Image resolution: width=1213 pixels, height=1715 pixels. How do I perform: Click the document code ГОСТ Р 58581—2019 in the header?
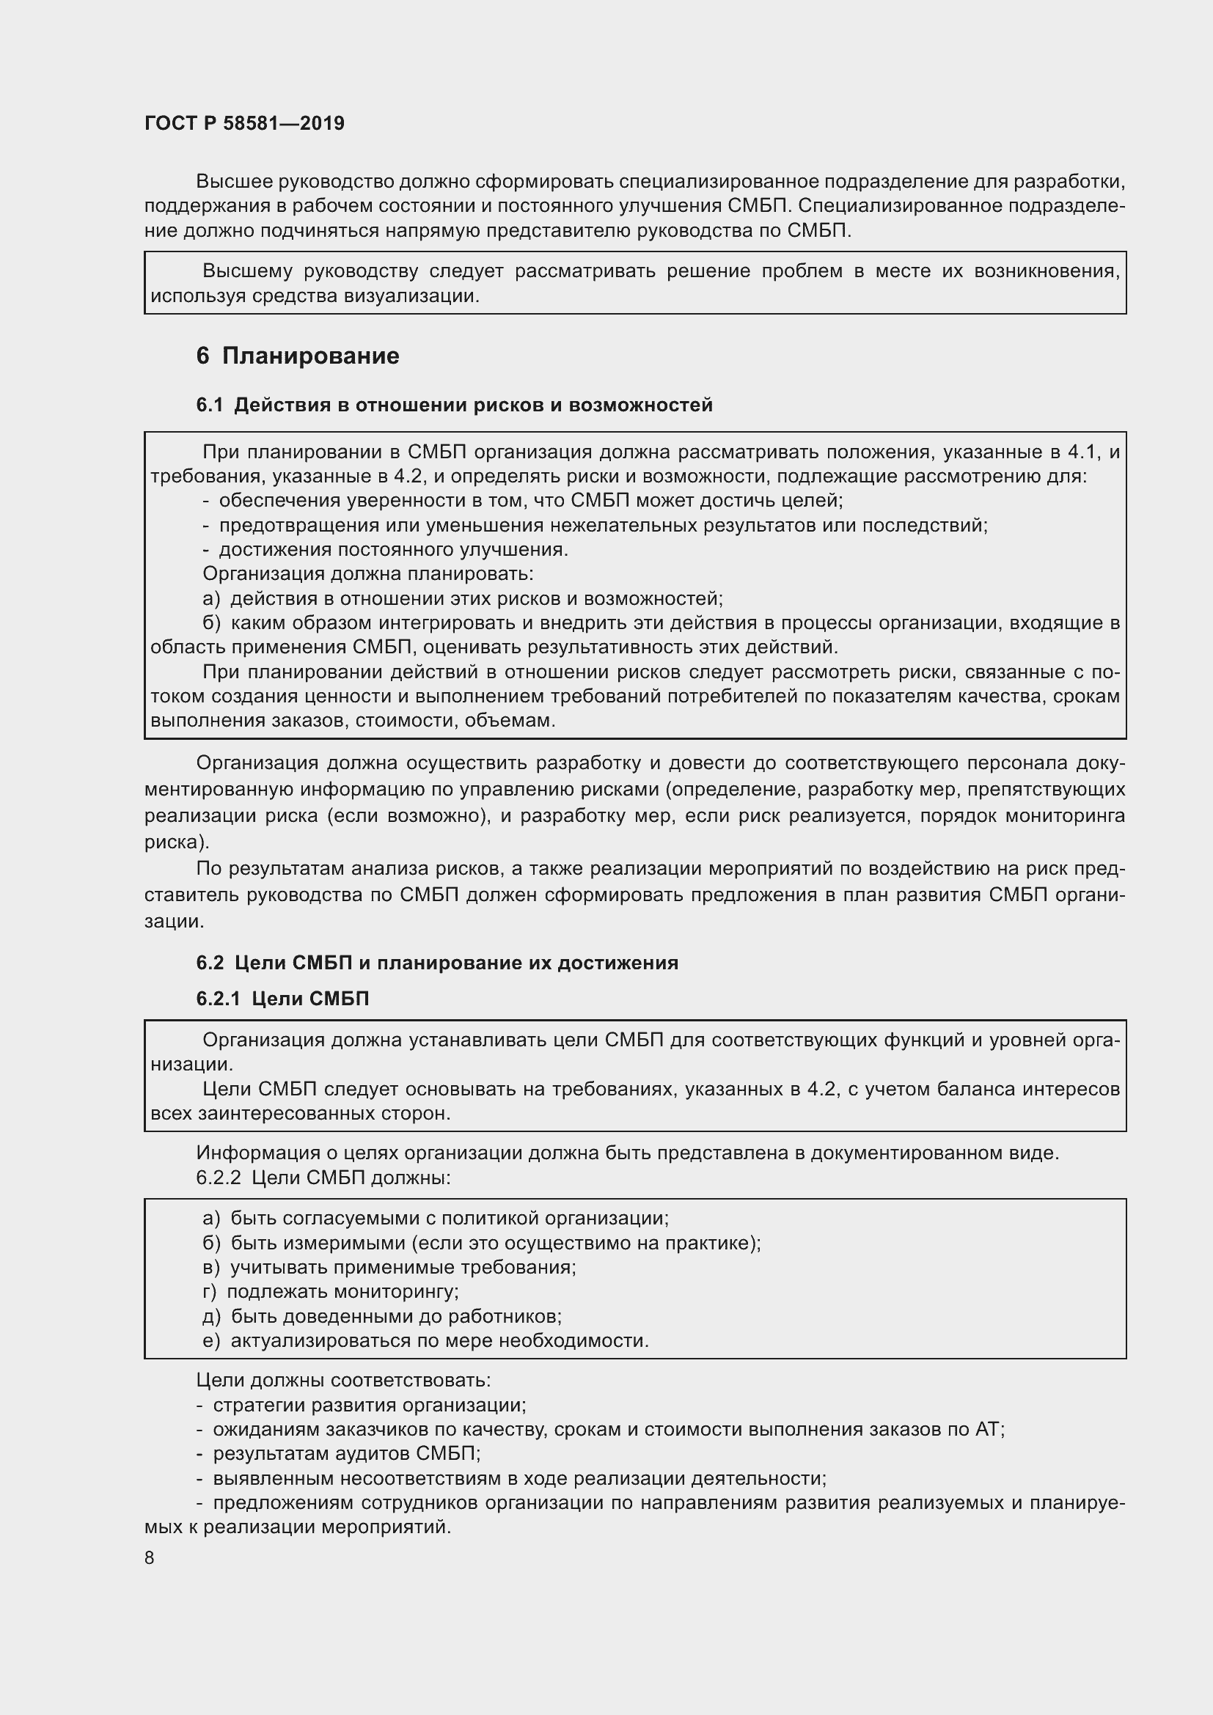[244, 123]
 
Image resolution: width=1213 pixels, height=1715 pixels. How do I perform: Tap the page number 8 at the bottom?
[150, 1557]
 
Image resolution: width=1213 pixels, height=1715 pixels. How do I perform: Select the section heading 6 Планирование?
[297, 356]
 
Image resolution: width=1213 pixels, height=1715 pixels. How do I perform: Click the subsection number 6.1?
[210, 405]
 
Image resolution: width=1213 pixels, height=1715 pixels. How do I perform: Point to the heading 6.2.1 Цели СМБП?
[282, 999]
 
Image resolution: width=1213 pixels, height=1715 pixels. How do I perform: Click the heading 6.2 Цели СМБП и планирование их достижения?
[437, 963]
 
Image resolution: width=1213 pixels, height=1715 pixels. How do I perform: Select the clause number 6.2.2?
[218, 1178]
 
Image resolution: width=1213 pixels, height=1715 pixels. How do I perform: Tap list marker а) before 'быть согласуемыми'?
[210, 1219]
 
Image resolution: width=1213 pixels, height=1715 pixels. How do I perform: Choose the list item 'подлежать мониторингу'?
[342, 1291]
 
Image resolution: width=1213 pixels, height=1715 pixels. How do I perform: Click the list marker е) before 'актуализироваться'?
[210, 1341]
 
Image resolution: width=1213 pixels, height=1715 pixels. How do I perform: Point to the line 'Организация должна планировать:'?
[368, 573]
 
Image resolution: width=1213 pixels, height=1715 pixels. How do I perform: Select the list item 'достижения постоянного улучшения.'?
[394, 550]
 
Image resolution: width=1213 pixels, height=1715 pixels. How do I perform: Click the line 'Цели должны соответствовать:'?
[343, 1380]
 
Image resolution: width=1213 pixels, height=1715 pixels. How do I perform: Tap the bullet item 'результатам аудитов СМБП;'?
[347, 1453]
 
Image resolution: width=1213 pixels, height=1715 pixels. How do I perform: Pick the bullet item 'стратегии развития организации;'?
[370, 1405]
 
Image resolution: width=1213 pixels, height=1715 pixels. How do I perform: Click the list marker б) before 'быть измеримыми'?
[210, 1243]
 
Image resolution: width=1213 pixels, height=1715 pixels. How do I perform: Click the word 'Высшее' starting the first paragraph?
[232, 182]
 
